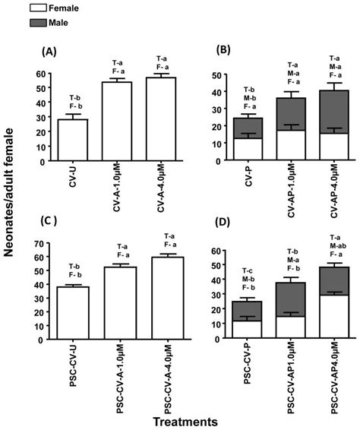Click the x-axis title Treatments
click(185, 420)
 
